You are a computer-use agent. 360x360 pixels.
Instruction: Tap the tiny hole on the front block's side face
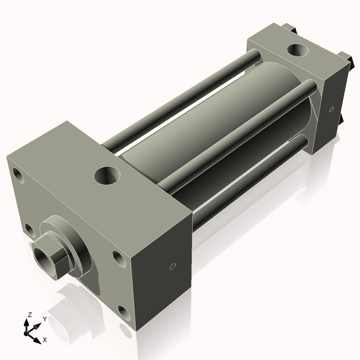coord(171,266)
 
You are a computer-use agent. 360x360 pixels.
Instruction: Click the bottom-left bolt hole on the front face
coord(29,229)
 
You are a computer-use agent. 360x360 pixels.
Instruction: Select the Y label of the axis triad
coord(44,318)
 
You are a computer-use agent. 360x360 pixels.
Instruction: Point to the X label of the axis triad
coord(45,338)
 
